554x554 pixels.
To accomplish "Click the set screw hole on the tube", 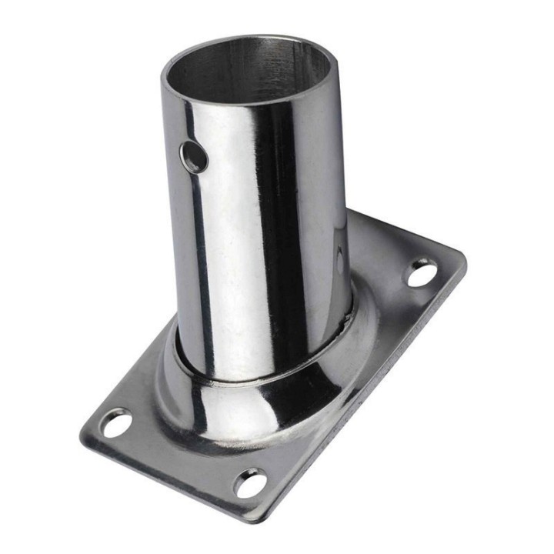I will click(x=195, y=157).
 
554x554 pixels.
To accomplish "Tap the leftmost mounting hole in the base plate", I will click(x=116, y=423).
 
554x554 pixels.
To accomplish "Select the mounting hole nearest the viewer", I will click(x=251, y=482).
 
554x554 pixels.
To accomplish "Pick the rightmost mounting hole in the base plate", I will click(x=422, y=273).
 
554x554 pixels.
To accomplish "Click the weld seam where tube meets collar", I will click(x=262, y=377).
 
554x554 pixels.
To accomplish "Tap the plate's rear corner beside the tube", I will click(x=355, y=214).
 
